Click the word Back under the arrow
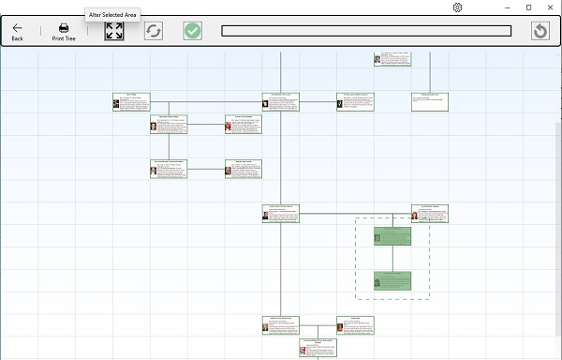17,38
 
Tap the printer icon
64,27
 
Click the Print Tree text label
64,38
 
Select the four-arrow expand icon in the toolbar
114,31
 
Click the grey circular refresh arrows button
154,31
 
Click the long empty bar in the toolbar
366,31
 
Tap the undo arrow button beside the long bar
540,31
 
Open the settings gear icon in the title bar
457,7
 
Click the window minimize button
505,7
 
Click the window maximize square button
528,7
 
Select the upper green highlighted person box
392,235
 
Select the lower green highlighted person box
392,280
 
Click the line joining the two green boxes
392,258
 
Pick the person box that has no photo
430,101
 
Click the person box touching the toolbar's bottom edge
392,58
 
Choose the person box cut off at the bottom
318,350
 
